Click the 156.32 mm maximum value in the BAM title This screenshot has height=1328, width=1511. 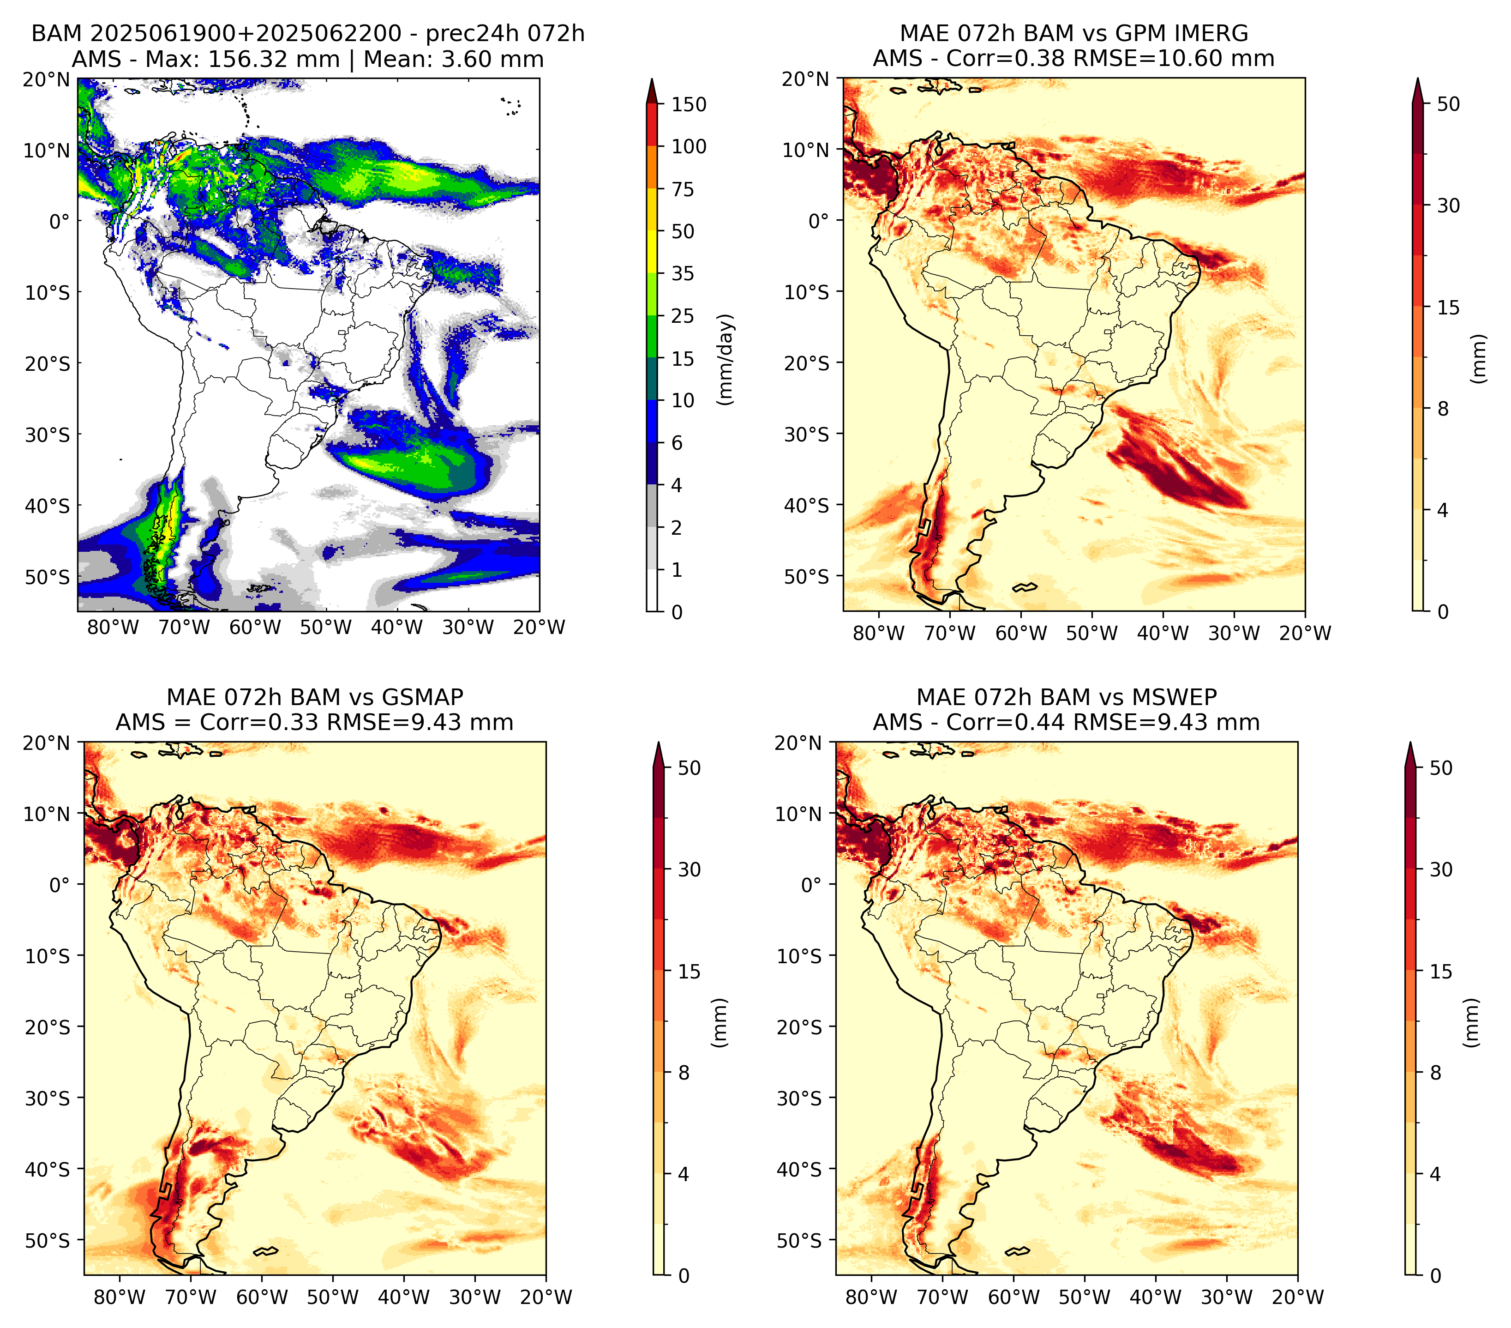[274, 59]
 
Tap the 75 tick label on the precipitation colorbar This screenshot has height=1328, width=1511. [683, 189]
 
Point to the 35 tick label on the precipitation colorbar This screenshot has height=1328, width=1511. [683, 273]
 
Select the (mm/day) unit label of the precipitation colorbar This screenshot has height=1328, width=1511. [726, 359]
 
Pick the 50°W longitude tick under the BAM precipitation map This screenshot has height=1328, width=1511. [326, 628]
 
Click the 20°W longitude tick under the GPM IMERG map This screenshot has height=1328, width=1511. [1305, 633]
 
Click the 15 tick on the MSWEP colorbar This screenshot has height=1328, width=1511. [1441, 972]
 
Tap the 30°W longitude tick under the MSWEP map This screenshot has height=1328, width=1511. [1227, 1297]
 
